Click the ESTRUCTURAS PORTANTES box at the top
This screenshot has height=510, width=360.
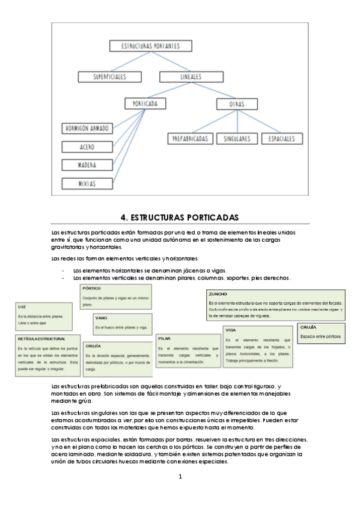[151, 46]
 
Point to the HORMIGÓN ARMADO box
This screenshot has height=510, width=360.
[87, 129]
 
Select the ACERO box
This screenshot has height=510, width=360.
[87, 147]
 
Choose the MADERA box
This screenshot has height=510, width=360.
[87, 165]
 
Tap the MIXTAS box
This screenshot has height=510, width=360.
[87, 183]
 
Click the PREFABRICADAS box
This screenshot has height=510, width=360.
[189, 138]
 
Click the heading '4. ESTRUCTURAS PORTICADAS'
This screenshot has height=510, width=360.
[180, 217]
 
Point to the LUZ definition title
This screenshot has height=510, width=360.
[22, 307]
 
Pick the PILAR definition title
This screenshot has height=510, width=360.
[164, 339]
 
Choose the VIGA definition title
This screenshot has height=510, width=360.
[231, 330]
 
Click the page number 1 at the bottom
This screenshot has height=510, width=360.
[180, 477]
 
